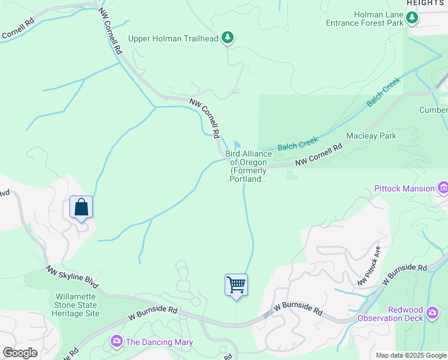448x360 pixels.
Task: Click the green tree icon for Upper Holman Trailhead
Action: [x=228, y=38]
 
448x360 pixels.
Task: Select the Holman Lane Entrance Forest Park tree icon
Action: [x=412, y=18]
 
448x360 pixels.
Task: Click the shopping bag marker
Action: [x=81, y=208]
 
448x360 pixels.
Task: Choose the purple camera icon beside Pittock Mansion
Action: [x=443, y=188]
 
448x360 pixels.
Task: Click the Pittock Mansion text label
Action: [x=404, y=188]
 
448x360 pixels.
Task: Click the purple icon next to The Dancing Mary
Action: [x=117, y=341]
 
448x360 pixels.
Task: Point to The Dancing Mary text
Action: [x=159, y=342]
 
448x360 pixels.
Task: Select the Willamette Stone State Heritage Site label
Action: [x=77, y=305]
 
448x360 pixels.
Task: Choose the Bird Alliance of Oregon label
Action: [x=248, y=166]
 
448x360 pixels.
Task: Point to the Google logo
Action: [x=20, y=352]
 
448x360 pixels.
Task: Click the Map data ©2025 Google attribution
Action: [x=411, y=355]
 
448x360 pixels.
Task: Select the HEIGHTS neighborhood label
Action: [x=426, y=3]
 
